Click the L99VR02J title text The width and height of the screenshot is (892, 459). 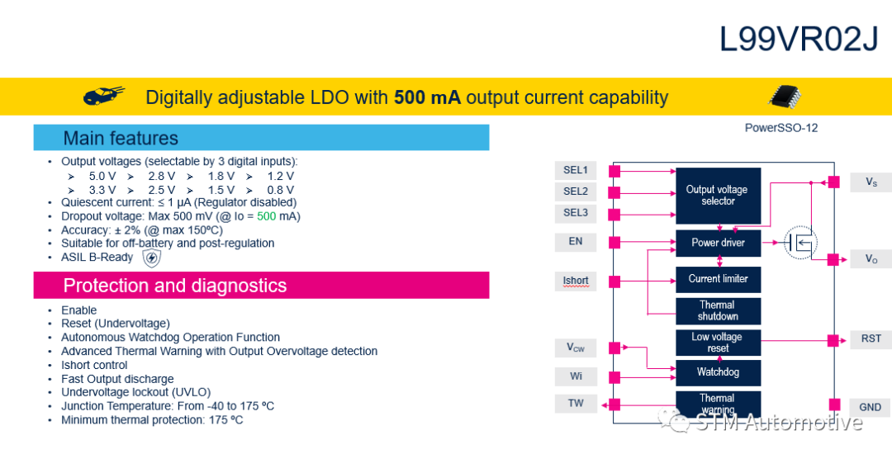(x=799, y=38)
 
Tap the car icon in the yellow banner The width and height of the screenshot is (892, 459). (x=103, y=97)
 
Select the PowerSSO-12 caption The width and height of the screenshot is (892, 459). (x=781, y=128)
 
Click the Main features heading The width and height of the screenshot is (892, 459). (x=121, y=138)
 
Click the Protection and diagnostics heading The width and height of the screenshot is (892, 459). (x=175, y=286)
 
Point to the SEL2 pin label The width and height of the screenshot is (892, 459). (x=576, y=192)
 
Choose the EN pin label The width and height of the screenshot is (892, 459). (x=576, y=241)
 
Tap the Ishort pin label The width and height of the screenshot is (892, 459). (x=576, y=281)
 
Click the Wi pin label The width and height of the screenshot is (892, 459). (x=576, y=376)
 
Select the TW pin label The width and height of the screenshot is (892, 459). (x=576, y=403)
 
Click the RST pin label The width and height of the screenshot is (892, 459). (x=871, y=338)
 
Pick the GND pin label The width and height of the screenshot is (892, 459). (x=870, y=407)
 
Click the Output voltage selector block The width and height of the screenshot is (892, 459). (x=717, y=196)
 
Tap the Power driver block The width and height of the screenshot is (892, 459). (x=718, y=243)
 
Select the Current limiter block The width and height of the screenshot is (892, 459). (x=718, y=279)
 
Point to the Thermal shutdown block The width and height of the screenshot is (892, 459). (x=718, y=310)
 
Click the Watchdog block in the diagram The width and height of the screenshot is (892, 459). (x=718, y=372)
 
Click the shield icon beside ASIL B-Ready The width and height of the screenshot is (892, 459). (x=151, y=258)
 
